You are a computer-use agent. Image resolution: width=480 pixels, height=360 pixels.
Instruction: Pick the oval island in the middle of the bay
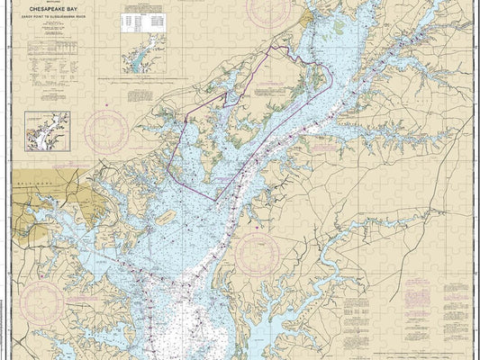(165, 218)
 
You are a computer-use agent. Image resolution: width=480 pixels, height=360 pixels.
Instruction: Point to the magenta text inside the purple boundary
(270, 90)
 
